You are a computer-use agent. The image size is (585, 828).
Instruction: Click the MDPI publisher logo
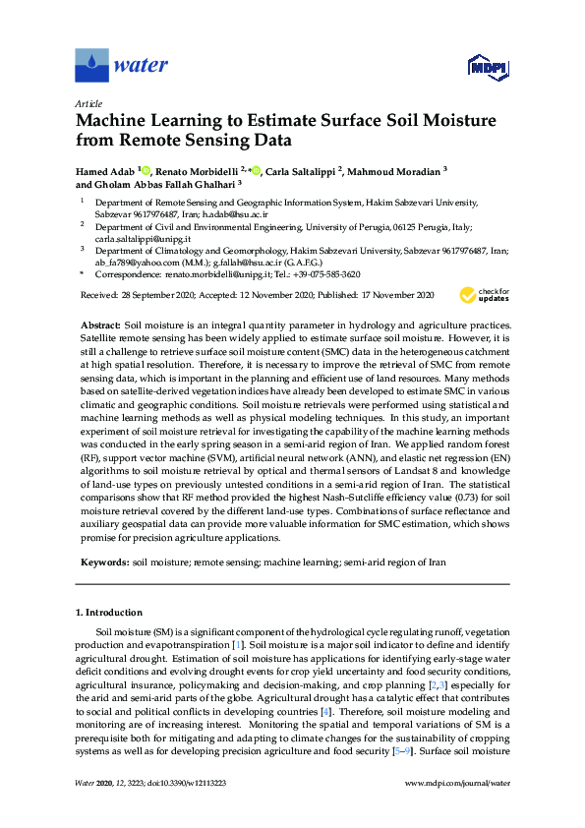(485, 67)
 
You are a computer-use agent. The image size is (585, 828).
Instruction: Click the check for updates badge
(482, 294)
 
